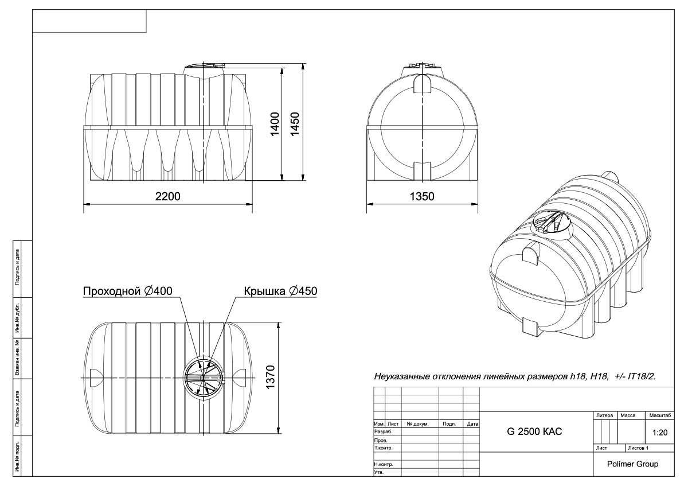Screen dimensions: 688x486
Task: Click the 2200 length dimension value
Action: (x=167, y=196)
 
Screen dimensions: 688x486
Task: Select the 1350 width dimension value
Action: (x=422, y=196)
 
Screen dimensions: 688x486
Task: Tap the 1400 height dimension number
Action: (x=275, y=124)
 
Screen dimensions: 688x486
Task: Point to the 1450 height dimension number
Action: (x=295, y=124)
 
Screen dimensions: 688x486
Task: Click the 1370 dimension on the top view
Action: (x=270, y=377)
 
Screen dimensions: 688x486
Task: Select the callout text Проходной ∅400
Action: (x=128, y=291)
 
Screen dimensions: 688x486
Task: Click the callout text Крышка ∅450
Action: (x=280, y=291)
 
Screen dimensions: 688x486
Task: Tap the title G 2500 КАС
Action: (x=534, y=431)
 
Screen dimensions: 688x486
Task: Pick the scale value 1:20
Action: (x=660, y=433)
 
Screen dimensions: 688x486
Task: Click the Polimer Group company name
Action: (x=633, y=464)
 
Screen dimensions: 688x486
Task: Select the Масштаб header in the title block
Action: (x=660, y=415)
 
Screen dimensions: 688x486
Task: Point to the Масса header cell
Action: (x=628, y=415)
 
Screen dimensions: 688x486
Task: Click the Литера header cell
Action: (x=604, y=415)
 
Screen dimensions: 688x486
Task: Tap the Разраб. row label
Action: (x=384, y=431)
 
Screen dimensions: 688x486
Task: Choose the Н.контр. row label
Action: (x=384, y=464)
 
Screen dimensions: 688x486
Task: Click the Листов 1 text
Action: (x=638, y=448)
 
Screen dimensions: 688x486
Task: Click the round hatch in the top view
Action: (x=203, y=378)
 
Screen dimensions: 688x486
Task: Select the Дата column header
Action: (x=472, y=424)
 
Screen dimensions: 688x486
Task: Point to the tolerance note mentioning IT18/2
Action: (x=515, y=376)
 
